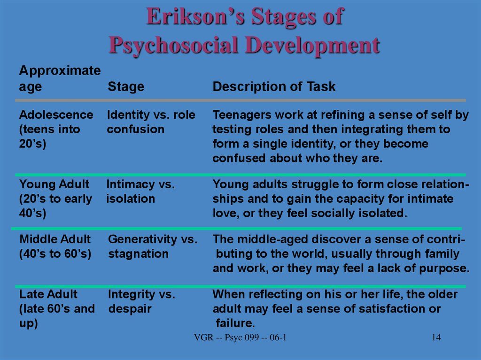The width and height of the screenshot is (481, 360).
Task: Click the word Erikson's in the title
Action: [x=195, y=16]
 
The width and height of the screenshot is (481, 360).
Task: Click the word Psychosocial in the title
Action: [x=174, y=46]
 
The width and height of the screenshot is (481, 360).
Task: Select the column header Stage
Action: [x=126, y=87]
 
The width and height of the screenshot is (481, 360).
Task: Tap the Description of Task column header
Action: [x=274, y=86]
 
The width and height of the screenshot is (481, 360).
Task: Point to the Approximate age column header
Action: [x=60, y=78]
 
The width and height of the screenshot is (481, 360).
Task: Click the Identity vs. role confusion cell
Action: [x=151, y=122]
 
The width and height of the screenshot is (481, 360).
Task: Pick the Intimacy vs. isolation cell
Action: [x=140, y=191]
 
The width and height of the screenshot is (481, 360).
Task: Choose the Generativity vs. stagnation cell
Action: [x=153, y=246]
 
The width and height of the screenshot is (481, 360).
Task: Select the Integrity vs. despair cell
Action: [x=141, y=301]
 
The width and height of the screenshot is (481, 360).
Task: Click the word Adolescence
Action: [x=56, y=115]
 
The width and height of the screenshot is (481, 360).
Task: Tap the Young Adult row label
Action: [x=54, y=184]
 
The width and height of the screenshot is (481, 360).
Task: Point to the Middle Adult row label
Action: [x=55, y=239]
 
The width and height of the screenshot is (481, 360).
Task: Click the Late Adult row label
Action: [x=48, y=294]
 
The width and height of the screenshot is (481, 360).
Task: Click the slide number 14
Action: [x=436, y=337]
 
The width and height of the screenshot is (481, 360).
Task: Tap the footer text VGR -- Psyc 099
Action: [x=227, y=337]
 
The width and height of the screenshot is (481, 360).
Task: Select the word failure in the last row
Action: [x=235, y=323]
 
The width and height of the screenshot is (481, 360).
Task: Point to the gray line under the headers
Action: [x=240, y=100]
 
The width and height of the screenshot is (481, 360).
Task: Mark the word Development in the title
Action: [x=312, y=45]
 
